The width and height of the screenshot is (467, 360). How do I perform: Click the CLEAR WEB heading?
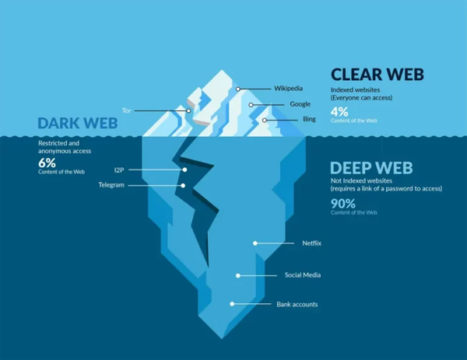point(377,75)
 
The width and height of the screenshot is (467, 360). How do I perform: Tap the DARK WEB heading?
point(77,124)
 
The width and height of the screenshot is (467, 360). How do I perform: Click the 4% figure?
point(339,111)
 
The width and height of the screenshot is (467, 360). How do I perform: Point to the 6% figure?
point(47,163)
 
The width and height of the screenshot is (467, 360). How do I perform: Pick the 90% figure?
point(342,204)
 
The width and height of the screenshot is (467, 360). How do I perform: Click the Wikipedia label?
point(287,89)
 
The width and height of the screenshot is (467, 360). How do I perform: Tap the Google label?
point(300,104)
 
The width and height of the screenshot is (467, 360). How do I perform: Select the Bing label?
point(309,120)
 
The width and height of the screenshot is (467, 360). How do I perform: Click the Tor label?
point(127,110)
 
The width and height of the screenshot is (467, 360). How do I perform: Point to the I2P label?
point(119,170)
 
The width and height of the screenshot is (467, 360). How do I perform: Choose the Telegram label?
point(111,185)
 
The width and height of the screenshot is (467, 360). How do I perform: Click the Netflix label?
point(311,244)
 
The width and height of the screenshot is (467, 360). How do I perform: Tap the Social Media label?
point(302,275)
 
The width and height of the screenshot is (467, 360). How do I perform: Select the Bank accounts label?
point(297,304)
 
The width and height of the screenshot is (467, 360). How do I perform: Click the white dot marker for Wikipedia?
point(238,89)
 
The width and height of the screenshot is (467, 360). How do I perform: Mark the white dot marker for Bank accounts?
point(231,304)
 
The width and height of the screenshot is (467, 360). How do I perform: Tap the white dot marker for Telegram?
point(183,185)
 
